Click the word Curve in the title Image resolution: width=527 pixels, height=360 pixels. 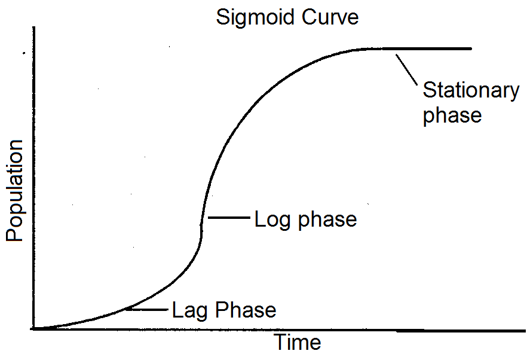click(x=330, y=17)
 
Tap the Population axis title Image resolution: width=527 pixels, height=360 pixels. click(x=15, y=190)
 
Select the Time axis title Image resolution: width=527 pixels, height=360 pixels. click(x=298, y=342)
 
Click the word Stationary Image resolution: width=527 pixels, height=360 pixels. click(x=471, y=91)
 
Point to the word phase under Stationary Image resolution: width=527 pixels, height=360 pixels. click(x=452, y=116)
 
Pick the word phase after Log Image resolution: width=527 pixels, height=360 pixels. click(x=327, y=221)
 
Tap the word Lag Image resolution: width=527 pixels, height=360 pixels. click(x=189, y=310)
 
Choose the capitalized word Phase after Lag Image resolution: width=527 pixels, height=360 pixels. click(x=246, y=310)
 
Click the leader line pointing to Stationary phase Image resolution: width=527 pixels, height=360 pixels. click(x=406, y=69)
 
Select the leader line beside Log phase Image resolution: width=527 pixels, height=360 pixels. click(x=229, y=218)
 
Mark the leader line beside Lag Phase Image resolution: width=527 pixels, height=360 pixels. click(x=147, y=309)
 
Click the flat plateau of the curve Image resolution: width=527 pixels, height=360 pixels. click(x=420, y=49)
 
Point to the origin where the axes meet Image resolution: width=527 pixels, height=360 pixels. click(x=34, y=329)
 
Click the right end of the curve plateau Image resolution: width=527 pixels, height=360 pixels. click(x=471, y=49)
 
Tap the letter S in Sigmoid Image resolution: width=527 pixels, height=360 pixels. click(x=223, y=17)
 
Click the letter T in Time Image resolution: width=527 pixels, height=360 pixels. click(x=281, y=342)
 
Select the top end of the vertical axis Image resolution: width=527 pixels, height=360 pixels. click(x=33, y=28)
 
